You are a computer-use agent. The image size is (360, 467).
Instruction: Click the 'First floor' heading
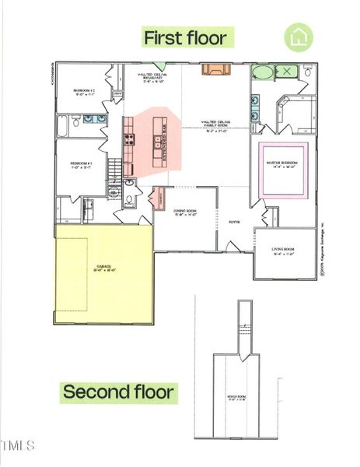(185, 37)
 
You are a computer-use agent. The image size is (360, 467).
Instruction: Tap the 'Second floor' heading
(118, 392)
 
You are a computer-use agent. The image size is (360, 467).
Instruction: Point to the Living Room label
(284, 251)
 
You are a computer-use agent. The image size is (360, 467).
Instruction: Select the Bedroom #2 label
(84, 91)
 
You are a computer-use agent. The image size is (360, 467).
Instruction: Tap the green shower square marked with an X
(288, 72)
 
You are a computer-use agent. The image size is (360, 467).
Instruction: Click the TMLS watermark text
(19, 446)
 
